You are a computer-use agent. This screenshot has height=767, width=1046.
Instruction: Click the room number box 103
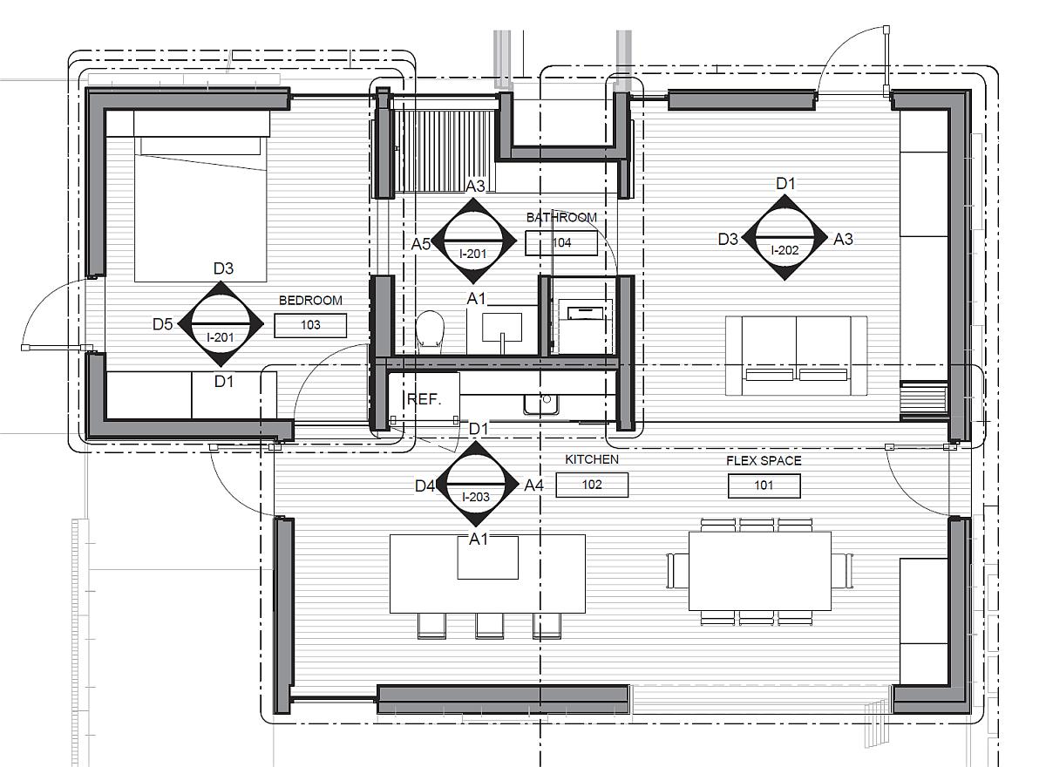tap(310, 325)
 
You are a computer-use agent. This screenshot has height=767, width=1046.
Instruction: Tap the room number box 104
tap(561, 243)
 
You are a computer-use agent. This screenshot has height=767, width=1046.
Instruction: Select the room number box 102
tap(592, 485)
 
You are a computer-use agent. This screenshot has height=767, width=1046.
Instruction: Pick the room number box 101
tap(764, 485)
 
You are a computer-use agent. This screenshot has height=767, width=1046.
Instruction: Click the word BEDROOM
tap(310, 300)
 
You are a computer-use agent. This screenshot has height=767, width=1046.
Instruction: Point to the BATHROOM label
tap(561, 218)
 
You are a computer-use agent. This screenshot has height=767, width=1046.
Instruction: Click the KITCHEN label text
tap(592, 459)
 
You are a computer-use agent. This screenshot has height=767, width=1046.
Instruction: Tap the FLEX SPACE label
tap(764, 461)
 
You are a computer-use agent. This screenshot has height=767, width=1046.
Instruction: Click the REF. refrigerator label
tap(424, 399)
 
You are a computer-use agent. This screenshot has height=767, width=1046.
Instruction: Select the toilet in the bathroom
tap(429, 330)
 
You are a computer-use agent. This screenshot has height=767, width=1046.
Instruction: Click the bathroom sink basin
tap(502, 328)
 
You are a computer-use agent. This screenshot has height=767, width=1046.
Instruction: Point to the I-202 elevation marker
tap(784, 238)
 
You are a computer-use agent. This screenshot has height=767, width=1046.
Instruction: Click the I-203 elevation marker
tap(475, 484)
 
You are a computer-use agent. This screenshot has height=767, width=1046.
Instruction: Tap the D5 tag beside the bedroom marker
tap(162, 324)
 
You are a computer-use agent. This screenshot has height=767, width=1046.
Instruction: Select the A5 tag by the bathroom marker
tap(420, 244)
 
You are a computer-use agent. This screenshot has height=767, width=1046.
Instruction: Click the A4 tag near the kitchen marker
tap(533, 485)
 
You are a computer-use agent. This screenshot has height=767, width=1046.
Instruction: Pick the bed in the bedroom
tap(200, 196)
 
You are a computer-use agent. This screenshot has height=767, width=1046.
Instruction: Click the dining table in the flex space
tap(760, 571)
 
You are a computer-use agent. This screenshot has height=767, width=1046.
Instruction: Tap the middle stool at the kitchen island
tap(489, 625)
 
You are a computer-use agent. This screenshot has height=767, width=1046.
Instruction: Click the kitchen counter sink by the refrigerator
tap(541, 404)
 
